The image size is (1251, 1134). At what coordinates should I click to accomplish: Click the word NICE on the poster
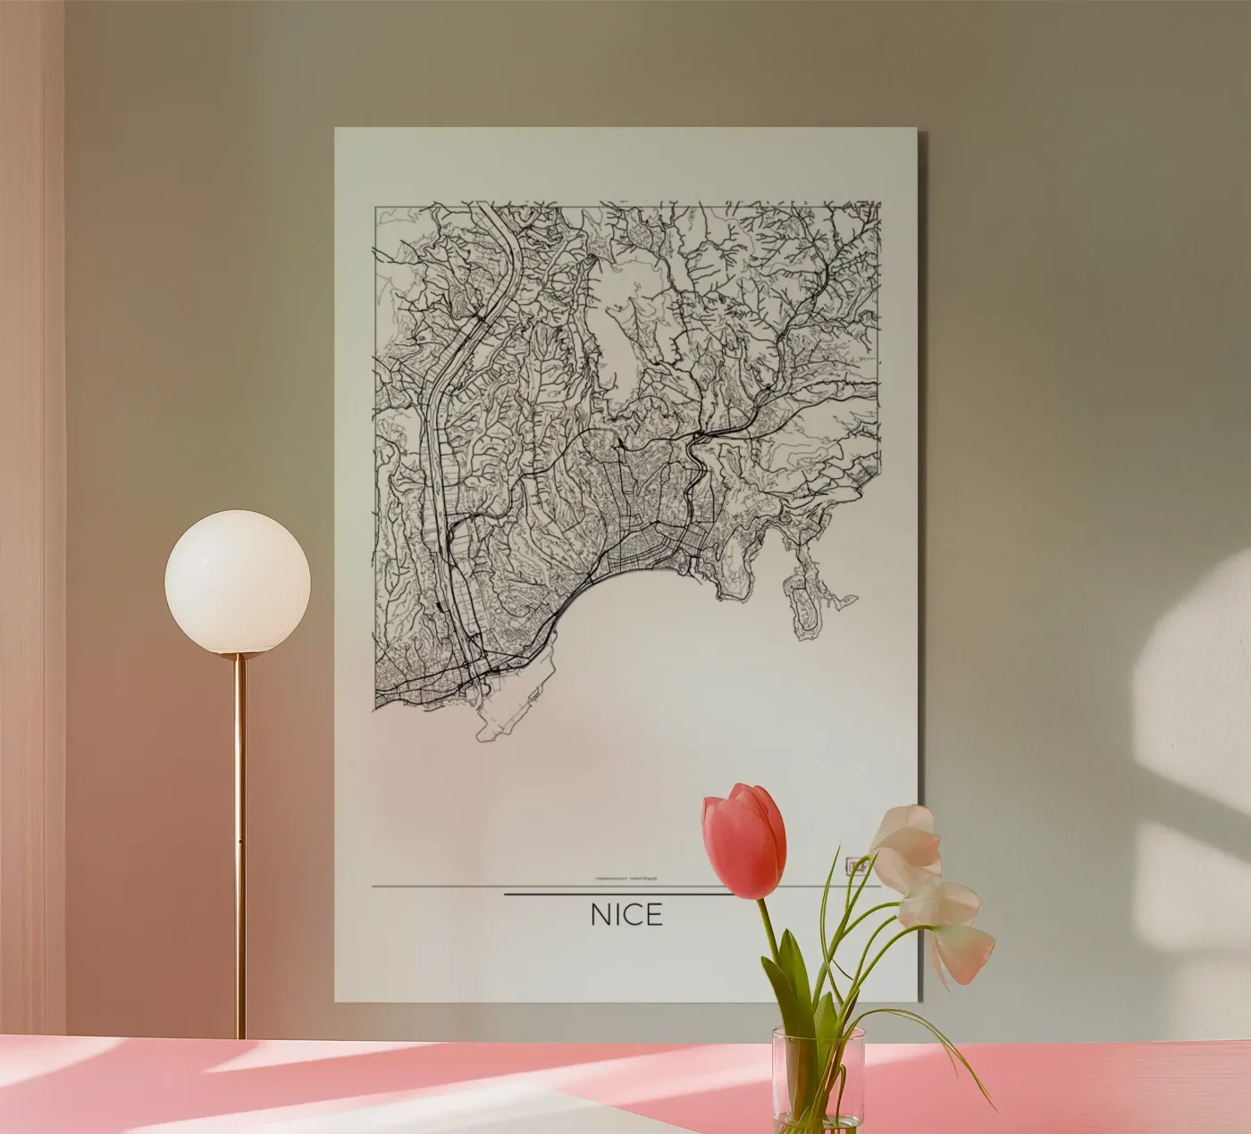[x=626, y=915]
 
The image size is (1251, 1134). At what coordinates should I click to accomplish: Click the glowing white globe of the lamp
[x=238, y=582]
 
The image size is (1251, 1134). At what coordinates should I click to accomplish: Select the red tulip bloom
[x=745, y=840]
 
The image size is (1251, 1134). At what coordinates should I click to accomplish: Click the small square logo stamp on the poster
[x=856, y=865]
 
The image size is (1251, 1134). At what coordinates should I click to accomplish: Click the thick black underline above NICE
[x=617, y=893]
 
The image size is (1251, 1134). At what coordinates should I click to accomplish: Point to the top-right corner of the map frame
[x=881, y=206]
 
